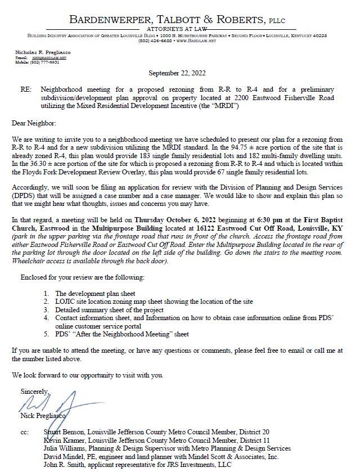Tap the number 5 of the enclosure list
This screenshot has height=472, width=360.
(x=46, y=334)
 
